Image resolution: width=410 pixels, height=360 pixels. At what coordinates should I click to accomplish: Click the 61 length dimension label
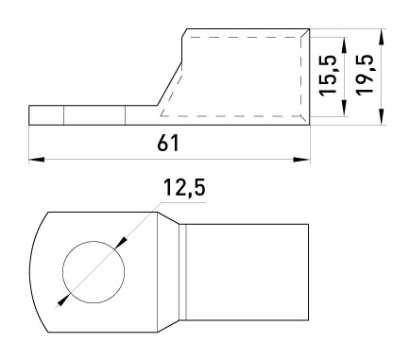coord(168,143)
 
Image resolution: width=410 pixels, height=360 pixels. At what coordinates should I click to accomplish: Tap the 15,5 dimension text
coord(329,76)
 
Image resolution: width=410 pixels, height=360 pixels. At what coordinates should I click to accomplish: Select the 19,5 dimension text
coord(365,75)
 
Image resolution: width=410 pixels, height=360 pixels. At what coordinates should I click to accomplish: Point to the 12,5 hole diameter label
coord(184,188)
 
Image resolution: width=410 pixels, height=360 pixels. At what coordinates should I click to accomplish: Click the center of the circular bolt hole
coord(94,272)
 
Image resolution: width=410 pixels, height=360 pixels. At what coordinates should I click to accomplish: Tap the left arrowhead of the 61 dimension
coord(37,160)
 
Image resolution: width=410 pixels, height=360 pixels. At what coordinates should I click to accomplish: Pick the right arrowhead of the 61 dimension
coord(301,160)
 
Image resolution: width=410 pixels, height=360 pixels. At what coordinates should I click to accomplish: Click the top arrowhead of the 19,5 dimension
coord(382,37)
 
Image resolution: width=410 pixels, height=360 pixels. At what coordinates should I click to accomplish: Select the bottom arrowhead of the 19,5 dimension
coord(382,116)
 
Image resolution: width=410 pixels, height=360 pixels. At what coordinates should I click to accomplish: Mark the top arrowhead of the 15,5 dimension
coord(345,45)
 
